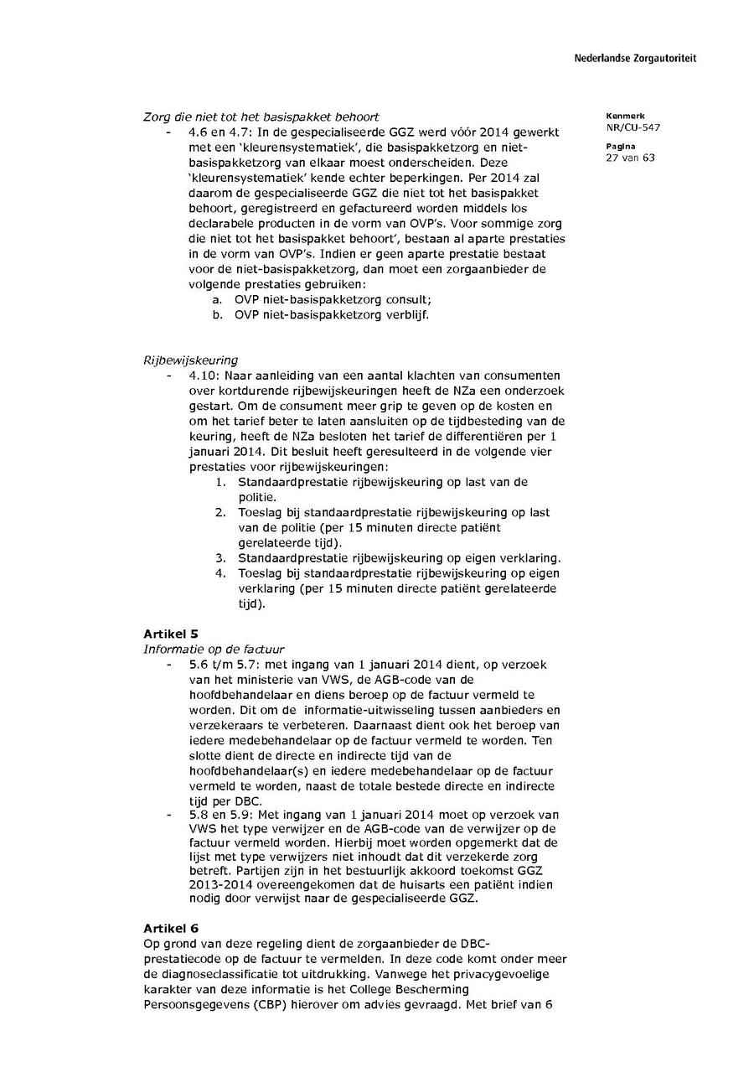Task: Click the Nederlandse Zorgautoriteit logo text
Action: pyautogui.click(x=635, y=59)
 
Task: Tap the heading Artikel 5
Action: pyautogui.click(x=170, y=633)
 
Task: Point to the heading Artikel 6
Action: pyautogui.click(x=170, y=928)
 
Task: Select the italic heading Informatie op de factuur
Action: pyautogui.click(x=214, y=648)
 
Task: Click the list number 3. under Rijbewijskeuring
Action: pyautogui.click(x=220, y=558)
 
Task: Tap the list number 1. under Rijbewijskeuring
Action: pyautogui.click(x=220, y=482)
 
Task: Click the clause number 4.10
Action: pyautogui.click(x=204, y=376)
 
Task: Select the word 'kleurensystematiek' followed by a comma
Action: pyautogui.click(x=243, y=148)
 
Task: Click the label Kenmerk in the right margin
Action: pyautogui.click(x=621, y=116)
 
